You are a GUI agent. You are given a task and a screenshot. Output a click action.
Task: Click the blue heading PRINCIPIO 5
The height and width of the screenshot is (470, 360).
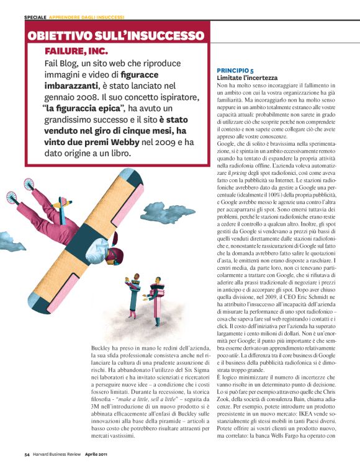(235, 72)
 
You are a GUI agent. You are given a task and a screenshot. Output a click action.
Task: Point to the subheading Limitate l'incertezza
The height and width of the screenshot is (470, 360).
(246, 79)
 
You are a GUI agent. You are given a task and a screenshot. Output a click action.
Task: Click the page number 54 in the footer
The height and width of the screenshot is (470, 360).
(27, 455)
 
